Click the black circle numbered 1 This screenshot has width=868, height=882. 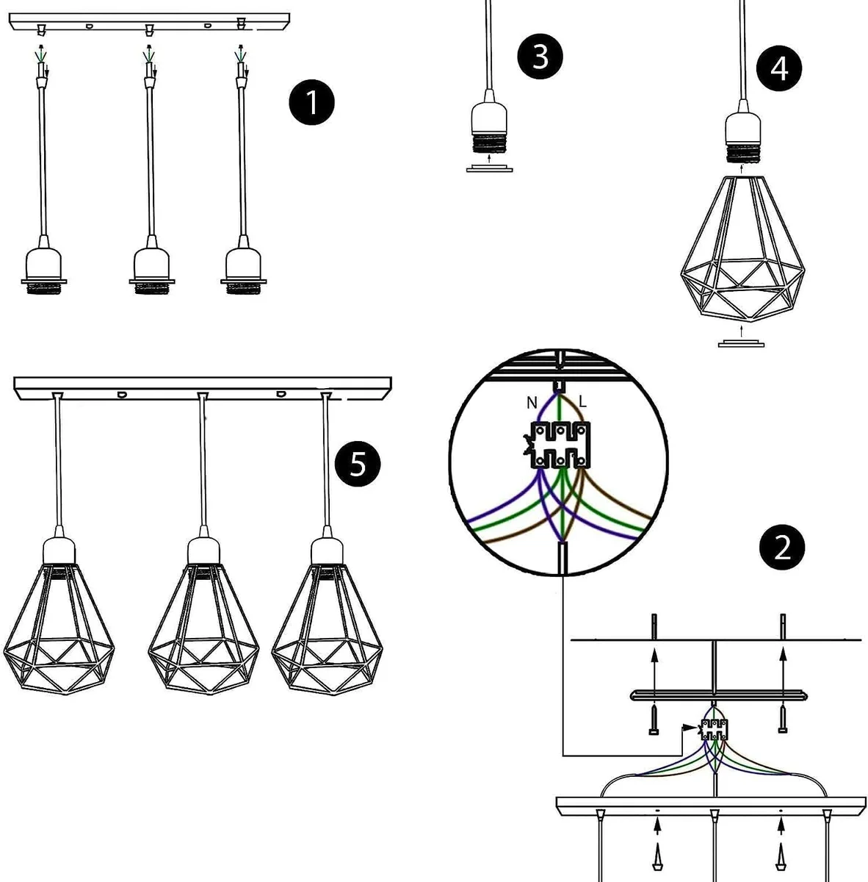(311, 103)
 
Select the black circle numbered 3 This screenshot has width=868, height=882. (540, 56)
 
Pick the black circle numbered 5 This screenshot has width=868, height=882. (358, 464)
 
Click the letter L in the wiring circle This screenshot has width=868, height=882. (583, 402)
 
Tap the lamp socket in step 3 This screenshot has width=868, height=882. (488, 129)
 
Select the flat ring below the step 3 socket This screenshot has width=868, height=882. (489, 169)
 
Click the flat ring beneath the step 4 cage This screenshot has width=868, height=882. (742, 343)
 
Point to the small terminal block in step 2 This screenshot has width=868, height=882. (714, 729)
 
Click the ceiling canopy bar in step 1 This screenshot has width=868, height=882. (147, 20)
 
